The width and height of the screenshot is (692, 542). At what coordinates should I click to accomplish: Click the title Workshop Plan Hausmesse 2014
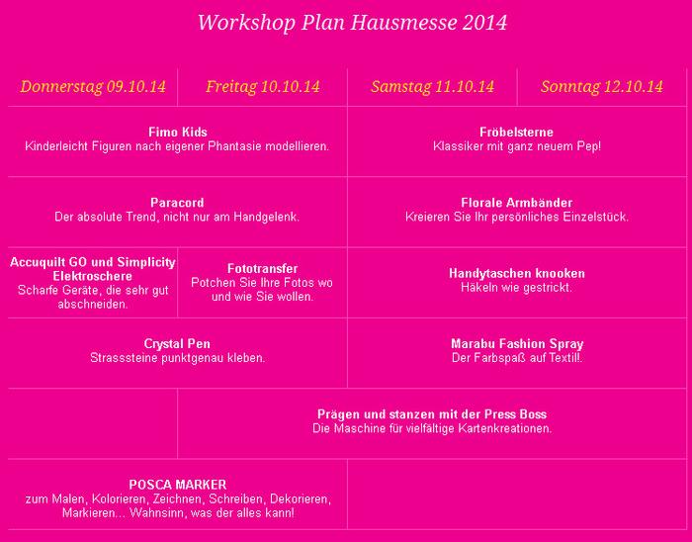click(352, 23)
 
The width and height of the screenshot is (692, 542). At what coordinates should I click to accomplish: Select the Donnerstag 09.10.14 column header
click(93, 87)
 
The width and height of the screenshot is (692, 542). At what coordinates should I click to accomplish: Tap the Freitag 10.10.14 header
click(263, 87)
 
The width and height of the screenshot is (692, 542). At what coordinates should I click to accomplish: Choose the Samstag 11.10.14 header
click(432, 87)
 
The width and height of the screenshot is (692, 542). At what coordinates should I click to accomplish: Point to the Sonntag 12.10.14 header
click(602, 87)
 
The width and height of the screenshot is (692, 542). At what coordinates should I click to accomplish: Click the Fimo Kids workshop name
click(177, 133)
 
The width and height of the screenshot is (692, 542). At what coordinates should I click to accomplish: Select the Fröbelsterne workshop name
click(517, 133)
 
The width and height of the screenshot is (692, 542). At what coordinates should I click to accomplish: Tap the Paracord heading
click(177, 203)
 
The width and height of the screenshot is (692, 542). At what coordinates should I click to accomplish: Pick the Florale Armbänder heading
click(517, 203)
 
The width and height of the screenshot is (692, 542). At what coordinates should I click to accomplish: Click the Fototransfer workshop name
click(262, 269)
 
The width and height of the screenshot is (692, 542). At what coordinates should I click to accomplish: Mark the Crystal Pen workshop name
click(177, 344)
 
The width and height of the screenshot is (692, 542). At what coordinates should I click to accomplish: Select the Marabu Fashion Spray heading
click(517, 344)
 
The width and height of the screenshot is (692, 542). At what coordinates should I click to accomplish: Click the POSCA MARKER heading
click(177, 485)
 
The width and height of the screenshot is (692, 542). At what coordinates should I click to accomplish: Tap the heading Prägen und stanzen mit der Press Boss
click(432, 414)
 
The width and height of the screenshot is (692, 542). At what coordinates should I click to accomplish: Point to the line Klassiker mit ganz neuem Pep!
click(517, 146)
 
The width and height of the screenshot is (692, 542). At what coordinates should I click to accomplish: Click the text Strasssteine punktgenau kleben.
click(177, 358)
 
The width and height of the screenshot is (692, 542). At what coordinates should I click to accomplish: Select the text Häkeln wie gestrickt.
click(517, 288)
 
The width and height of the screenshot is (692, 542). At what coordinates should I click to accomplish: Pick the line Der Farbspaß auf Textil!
click(517, 358)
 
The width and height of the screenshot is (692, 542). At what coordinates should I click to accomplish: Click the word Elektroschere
click(93, 276)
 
